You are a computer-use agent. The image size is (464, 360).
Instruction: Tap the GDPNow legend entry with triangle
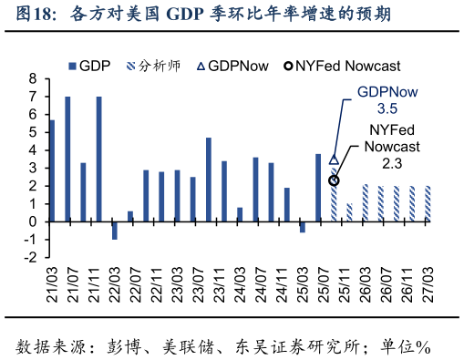point(239,66)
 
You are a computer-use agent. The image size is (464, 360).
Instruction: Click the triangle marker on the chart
point(334,159)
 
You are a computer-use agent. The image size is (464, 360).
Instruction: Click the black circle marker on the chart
point(334,180)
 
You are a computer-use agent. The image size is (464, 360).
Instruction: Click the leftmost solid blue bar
point(52,170)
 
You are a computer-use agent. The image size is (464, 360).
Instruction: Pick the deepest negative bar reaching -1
point(115,230)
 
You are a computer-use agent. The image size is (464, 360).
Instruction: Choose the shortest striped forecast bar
point(349,212)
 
